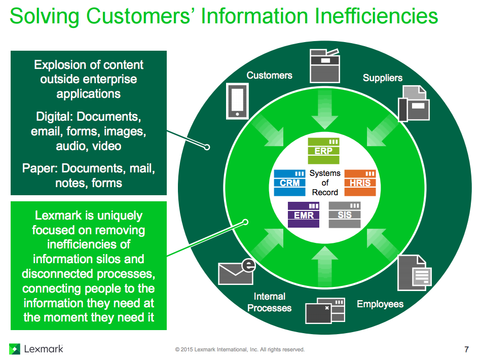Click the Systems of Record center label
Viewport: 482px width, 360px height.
(x=325, y=183)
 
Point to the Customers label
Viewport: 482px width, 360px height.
(x=269, y=76)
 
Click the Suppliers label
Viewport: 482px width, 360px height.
(x=382, y=78)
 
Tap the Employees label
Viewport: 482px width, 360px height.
(x=380, y=304)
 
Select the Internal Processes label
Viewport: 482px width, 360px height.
(x=270, y=302)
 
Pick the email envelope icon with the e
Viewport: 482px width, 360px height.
(x=236, y=272)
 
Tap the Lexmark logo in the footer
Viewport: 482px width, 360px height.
(x=36, y=349)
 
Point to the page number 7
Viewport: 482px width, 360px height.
(x=466, y=349)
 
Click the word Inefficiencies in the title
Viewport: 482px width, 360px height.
(x=377, y=16)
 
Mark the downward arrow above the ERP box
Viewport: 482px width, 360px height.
(x=325, y=114)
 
